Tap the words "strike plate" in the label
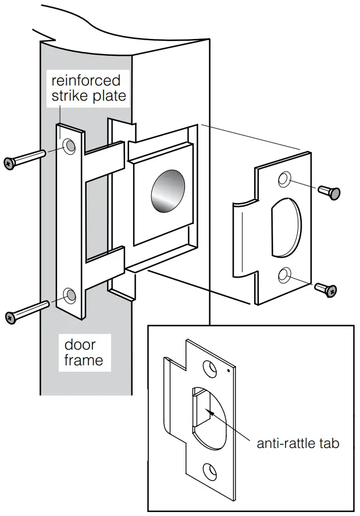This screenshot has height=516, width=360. coord(88,96)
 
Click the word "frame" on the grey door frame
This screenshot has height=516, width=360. coord(84,360)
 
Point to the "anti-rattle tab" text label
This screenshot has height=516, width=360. coord(297,443)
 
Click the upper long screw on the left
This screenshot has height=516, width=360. coord(24,159)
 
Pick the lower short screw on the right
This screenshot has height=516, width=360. coord(326,287)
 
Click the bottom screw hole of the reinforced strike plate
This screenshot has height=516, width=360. coord(70,296)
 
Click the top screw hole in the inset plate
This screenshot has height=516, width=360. coord(208,367)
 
